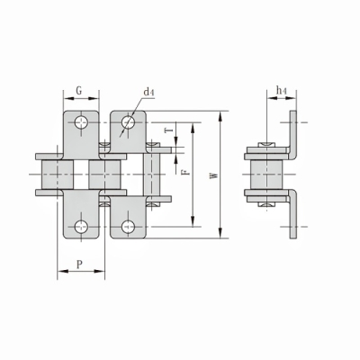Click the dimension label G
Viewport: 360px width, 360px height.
coord(79,91)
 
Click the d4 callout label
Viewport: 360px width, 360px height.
coord(148,92)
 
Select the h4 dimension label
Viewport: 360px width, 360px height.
coord(281,90)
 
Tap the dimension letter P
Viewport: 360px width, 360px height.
coord(79,265)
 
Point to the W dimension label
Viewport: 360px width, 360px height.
coord(213,175)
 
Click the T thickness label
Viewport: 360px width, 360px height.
coord(169,130)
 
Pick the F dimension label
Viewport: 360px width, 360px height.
coord(186,172)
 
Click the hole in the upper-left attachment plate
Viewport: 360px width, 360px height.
coord(81,122)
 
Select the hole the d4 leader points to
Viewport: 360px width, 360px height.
coord(128,122)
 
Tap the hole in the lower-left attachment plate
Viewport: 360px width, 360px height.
coord(81,227)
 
